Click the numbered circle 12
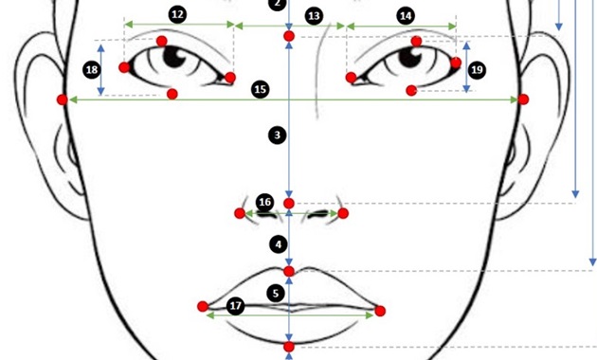tap(177, 14)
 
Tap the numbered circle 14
tap(406, 15)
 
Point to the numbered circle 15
tap(261, 89)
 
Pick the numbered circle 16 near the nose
tap(265, 202)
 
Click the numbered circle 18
tap(92, 70)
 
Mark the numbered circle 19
tap(477, 70)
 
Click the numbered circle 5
tap(275, 294)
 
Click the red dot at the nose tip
tap(289, 204)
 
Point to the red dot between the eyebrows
tap(289, 37)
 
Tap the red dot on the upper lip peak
tap(289, 272)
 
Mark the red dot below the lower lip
tap(289, 348)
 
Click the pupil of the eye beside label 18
tap(175, 57)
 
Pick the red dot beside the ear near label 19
tap(523, 99)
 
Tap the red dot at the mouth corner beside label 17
tap(202, 306)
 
